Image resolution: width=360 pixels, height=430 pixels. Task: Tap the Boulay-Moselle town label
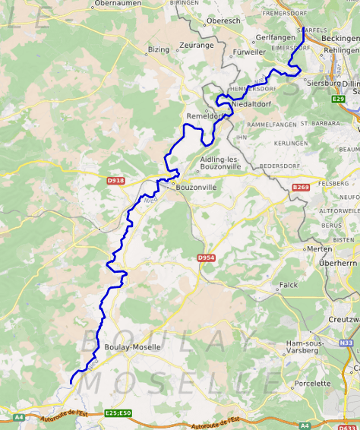point(132,347)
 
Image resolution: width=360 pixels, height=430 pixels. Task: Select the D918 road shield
point(115,181)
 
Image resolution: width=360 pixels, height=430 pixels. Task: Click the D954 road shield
point(207,258)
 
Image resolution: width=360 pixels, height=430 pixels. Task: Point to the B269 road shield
point(302,186)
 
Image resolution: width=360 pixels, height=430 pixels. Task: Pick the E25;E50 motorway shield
point(118,413)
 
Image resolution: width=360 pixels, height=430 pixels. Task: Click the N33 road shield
point(347,343)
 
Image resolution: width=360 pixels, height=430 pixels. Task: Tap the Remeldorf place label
point(206,116)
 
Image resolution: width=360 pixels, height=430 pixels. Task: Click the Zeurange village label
point(197,46)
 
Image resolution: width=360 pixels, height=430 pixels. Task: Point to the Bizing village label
point(159,50)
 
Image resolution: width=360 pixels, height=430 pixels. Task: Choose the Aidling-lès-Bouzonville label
point(219,163)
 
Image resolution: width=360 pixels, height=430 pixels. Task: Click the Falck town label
point(289,285)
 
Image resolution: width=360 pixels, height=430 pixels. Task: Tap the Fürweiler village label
point(250,52)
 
